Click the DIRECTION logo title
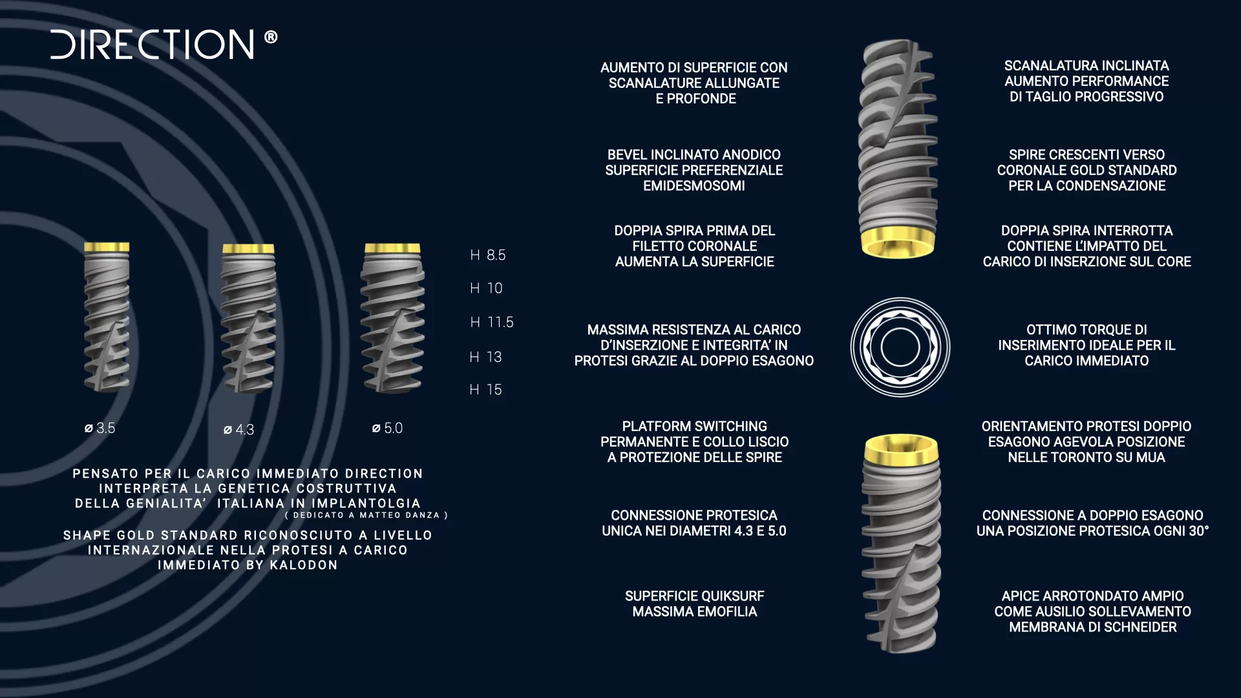[x=153, y=44]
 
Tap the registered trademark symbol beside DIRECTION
[x=271, y=37]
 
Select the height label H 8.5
[x=487, y=255]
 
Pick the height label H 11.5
[x=491, y=322]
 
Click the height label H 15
[x=485, y=390]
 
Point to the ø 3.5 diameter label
[x=100, y=428]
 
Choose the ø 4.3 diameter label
[x=239, y=430]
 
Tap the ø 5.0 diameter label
[x=387, y=428]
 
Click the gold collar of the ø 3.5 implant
[x=107, y=247]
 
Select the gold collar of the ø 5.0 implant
[x=392, y=248]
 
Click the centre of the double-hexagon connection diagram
[x=900, y=347]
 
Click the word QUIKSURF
[x=728, y=596]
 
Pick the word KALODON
[x=304, y=565]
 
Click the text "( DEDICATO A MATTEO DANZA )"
[x=366, y=515]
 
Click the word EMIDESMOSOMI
[x=694, y=185]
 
